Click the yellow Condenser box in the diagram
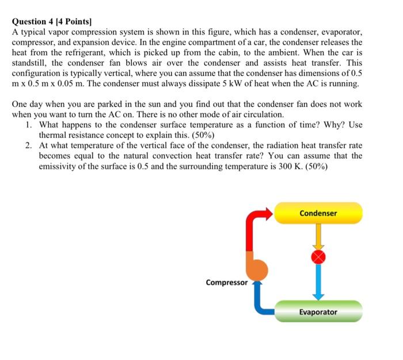pos(318,213)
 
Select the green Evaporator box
pos(318,312)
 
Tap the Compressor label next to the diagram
pos(226,282)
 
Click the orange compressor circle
pos(257,269)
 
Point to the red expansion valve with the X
pos(318,256)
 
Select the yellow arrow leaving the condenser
pos(318,236)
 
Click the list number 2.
pos(29,145)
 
